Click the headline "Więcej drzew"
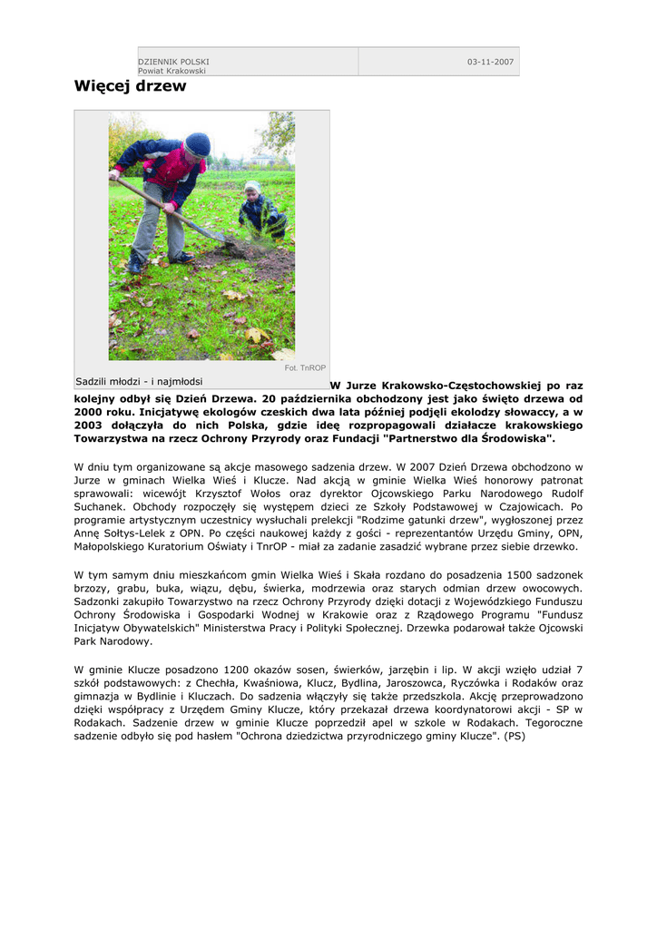coord(130,87)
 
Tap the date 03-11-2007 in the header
coord(490,62)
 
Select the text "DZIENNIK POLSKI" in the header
coord(173,62)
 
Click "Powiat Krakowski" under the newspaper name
coord(172,71)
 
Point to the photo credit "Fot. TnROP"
coord(305,368)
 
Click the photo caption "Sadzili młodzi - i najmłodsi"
coord(139,381)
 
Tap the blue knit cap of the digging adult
coord(197,143)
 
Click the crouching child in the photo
coord(260,212)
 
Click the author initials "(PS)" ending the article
coord(515,737)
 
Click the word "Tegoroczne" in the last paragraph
coord(553,723)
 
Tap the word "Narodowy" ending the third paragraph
coord(126,641)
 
